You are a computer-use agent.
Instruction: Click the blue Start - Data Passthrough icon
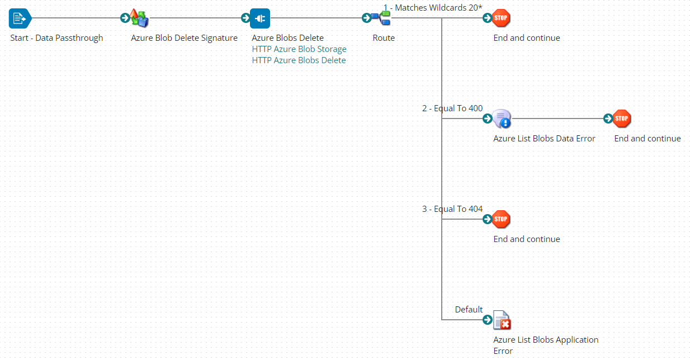pyautogui.click(x=20, y=18)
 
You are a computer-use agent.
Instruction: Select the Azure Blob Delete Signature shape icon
pyautogui.click(x=139, y=18)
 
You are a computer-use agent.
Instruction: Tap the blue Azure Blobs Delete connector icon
pyautogui.click(x=261, y=18)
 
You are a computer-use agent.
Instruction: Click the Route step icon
pyautogui.click(x=382, y=18)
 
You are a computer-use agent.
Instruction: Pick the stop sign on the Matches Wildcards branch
pyautogui.click(x=502, y=18)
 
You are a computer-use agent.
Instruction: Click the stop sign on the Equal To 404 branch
pyautogui.click(x=502, y=219)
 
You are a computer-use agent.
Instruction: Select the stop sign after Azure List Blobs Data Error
pyautogui.click(x=622, y=119)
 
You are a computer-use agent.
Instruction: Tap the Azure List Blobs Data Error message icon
pyautogui.click(x=502, y=119)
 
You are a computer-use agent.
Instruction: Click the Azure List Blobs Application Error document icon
pyautogui.click(x=502, y=320)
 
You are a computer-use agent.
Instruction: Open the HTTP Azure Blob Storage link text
pyautogui.click(x=299, y=49)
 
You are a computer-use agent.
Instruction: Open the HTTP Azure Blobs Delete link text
pyautogui.click(x=299, y=60)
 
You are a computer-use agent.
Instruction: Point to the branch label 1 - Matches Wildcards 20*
pyautogui.click(x=433, y=7)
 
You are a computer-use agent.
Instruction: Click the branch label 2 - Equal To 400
pyautogui.click(x=452, y=108)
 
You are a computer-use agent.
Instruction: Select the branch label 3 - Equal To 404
pyautogui.click(x=452, y=209)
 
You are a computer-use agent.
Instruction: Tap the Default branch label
pyautogui.click(x=469, y=310)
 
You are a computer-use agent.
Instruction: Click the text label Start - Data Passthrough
pyautogui.click(x=56, y=38)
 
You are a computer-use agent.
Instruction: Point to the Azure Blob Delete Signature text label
pyautogui.click(x=184, y=38)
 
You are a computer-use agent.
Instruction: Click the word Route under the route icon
pyautogui.click(x=384, y=38)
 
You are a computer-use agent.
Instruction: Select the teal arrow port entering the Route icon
pyautogui.click(x=366, y=18)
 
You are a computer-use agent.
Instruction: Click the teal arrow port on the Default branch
pyautogui.click(x=487, y=320)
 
